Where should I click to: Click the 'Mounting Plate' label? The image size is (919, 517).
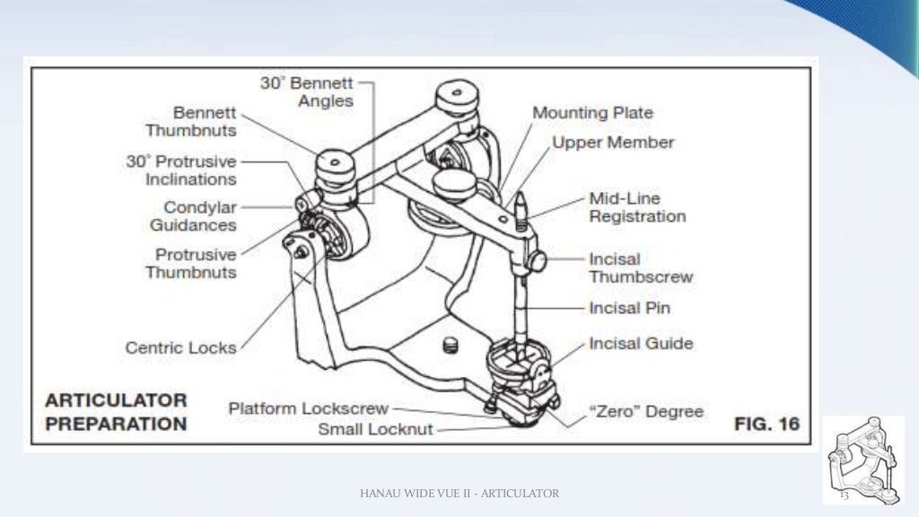(592, 113)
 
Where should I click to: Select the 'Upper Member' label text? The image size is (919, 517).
(612, 143)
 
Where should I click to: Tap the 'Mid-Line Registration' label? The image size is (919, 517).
(636, 207)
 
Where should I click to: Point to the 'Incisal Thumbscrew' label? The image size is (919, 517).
(640, 268)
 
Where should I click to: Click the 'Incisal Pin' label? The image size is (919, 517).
(629, 308)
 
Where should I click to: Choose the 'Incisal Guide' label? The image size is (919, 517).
(640, 343)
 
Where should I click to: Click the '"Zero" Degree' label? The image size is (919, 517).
(645, 411)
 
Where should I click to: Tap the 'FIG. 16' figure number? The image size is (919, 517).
(766, 424)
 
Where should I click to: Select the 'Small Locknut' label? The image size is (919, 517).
(375, 429)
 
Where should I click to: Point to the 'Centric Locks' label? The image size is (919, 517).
(180, 347)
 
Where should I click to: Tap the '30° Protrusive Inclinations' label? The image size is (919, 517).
(181, 171)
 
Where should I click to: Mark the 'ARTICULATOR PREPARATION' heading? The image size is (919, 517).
(116, 412)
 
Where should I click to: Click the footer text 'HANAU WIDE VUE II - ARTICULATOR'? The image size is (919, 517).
(459, 493)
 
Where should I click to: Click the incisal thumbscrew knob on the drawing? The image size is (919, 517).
(538, 262)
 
